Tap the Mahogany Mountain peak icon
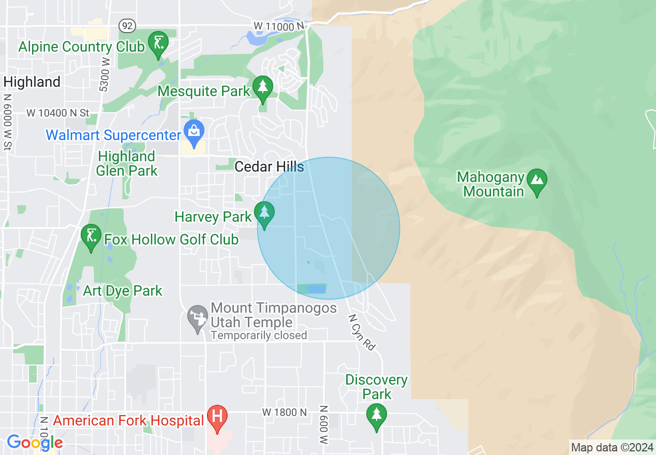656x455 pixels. click(538, 181)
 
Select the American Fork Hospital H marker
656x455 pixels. click(217, 416)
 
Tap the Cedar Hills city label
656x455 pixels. click(269, 166)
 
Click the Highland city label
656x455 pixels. click(32, 82)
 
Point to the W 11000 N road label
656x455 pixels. click(278, 26)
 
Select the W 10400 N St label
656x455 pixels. click(58, 113)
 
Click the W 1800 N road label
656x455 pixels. click(284, 413)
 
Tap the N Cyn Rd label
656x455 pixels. click(361, 333)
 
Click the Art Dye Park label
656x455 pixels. click(123, 291)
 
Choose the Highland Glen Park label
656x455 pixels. click(127, 163)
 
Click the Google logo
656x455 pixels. click(35, 443)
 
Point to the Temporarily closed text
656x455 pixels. click(259, 336)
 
